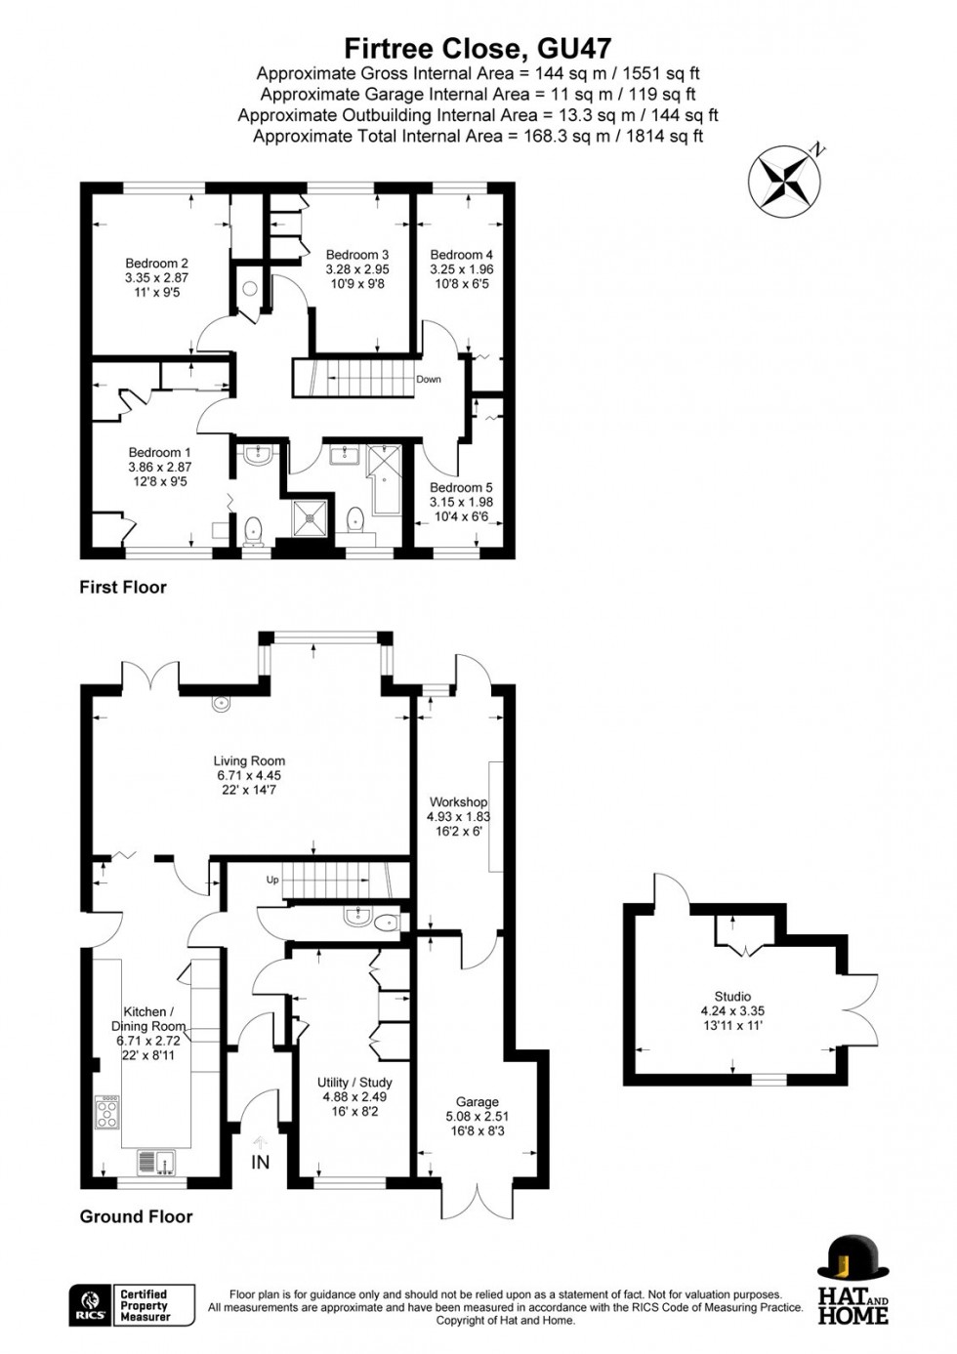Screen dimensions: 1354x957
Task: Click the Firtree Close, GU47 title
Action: tap(478, 49)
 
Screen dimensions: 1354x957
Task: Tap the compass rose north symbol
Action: tap(786, 181)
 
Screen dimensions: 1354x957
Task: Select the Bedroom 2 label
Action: tap(156, 263)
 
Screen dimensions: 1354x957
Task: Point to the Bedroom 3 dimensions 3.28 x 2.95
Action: tap(357, 269)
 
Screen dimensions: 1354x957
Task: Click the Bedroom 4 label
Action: tap(461, 255)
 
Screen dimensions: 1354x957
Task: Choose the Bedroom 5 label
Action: tap(461, 487)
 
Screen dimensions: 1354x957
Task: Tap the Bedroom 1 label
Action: tap(160, 452)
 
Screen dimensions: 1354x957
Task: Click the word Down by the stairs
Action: tap(428, 380)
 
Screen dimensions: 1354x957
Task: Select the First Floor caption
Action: tap(123, 587)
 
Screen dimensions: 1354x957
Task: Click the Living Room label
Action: tap(249, 761)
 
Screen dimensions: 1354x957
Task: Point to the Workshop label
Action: tap(458, 802)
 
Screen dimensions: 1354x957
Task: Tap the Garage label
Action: tap(478, 1102)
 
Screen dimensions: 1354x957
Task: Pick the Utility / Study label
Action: tap(354, 1083)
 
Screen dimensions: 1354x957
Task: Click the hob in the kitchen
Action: tap(106, 1112)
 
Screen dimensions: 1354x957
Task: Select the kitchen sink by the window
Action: tap(155, 1162)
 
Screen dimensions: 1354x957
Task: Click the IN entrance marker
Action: tap(261, 1162)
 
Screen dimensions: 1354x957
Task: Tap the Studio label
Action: tap(732, 997)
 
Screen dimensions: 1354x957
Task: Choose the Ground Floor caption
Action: tap(136, 1216)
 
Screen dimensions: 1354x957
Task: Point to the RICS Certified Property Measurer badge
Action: tap(132, 1305)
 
